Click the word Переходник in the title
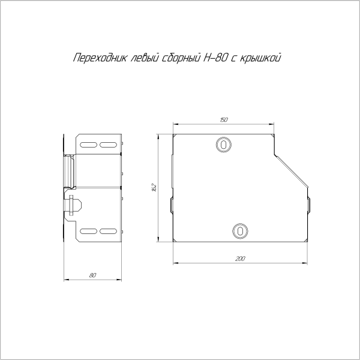(x=95, y=58)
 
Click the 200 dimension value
(x=241, y=259)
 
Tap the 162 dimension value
(x=154, y=187)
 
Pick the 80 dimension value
(x=92, y=275)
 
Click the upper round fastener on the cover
(x=223, y=145)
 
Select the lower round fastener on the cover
(x=239, y=230)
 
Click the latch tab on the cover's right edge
(x=309, y=205)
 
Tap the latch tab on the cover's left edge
(x=172, y=205)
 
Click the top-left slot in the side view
(x=88, y=145)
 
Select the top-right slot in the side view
(x=108, y=145)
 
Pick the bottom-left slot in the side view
(x=88, y=231)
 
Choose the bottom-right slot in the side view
(x=108, y=231)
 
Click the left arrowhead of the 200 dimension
(x=175, y=263)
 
